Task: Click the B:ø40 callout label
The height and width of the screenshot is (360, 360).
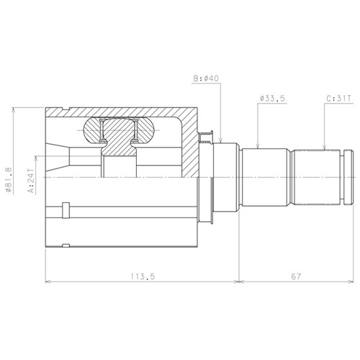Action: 206,78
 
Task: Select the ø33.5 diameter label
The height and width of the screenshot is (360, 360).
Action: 272,99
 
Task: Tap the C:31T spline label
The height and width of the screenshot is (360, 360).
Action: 338,99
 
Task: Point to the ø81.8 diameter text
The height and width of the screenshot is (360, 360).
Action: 9,180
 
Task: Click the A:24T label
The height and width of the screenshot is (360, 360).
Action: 31,181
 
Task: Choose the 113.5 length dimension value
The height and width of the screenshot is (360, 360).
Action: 143,276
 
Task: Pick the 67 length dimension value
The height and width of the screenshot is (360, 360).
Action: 296,276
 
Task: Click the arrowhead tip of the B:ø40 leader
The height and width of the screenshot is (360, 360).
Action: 221,143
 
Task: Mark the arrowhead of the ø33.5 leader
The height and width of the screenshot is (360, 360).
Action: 258,148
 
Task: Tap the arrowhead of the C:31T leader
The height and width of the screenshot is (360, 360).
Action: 324,149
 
